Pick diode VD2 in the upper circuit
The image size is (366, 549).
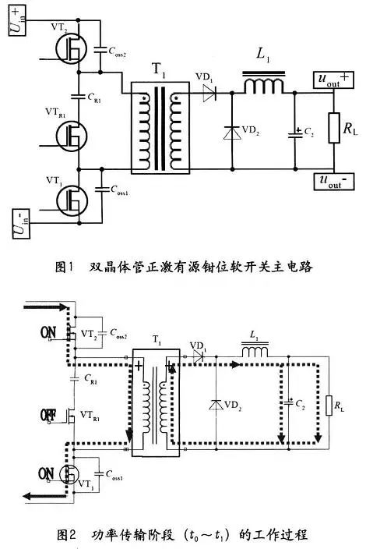(231, 132)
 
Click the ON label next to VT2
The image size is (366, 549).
(49, 332)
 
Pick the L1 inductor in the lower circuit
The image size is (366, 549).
(254, 354)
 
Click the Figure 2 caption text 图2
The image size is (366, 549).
(68, 535)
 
